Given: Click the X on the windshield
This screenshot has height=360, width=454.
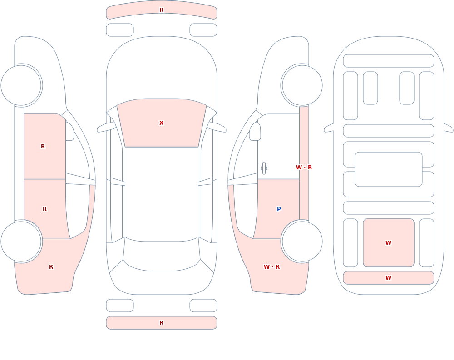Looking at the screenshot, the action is (161, 123).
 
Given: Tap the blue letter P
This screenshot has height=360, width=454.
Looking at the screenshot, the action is (279, 209).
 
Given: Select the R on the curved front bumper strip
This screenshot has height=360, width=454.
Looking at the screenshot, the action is (161, 10).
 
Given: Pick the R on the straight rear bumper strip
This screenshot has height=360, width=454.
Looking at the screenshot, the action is (161, 323).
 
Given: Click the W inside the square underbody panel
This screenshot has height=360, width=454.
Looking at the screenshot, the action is (388, 243).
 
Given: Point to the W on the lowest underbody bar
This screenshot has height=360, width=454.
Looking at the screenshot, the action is (388, 278).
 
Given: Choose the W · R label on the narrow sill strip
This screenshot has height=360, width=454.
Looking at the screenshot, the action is (304, 168).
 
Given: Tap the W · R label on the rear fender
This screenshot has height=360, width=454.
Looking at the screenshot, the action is (271, 267).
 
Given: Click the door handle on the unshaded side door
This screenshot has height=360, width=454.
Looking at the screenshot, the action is (264, 168).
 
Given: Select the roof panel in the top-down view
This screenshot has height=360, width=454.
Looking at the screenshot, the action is (162, 194).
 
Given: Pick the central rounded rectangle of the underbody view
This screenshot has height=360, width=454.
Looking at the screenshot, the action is (389, 169).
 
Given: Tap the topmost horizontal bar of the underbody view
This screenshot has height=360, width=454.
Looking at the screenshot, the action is (389, 61).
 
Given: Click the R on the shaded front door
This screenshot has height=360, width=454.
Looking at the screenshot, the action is (43, 147).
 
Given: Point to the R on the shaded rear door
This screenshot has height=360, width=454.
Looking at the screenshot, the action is (44, 209).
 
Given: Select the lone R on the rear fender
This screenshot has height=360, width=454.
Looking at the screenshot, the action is (51, 267).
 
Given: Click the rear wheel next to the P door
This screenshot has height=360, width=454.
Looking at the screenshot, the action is (302, 241).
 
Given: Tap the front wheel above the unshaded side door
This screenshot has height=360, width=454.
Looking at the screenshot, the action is (302, 85).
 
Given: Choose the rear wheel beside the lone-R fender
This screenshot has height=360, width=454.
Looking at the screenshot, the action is (21, 241).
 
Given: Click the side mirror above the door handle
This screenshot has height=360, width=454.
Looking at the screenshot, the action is (255, 132).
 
